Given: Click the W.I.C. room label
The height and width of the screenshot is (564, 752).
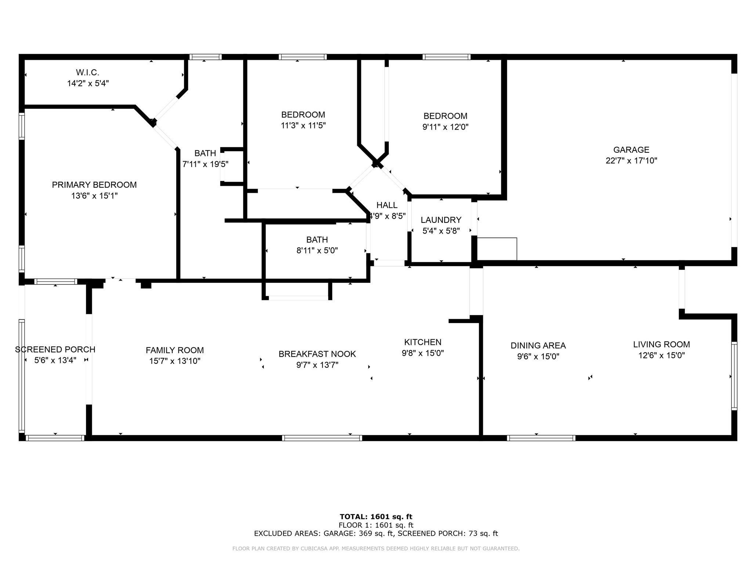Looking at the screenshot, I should click(x=87, y=72).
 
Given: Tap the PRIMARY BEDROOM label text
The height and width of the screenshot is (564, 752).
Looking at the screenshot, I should click(x=94, y=185).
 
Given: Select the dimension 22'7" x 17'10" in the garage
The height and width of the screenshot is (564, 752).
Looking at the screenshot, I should click(x=631, y=160).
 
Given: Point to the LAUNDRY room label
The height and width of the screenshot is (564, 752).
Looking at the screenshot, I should click(x=441, y=220).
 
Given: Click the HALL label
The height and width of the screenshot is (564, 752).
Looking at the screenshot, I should click(x=387, y=205).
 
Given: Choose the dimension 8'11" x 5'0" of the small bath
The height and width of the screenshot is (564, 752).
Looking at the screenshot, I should click(x=317, y=250).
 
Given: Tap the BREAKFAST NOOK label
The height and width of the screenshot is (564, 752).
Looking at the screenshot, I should click(x=317, y=354).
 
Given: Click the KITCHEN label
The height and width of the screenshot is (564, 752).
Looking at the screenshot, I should click(x=423, y=342).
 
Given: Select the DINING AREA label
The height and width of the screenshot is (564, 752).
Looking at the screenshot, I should click(x=538, y=346).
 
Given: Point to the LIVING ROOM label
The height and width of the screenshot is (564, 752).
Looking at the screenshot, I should click(x=661, y=344).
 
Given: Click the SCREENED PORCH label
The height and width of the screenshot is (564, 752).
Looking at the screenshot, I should click(x=55, y=350).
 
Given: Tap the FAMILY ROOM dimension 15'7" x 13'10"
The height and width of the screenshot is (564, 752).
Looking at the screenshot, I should click(x=175, y=361).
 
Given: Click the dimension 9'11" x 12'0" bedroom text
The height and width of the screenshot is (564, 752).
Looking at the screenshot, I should click(x=445, y=127).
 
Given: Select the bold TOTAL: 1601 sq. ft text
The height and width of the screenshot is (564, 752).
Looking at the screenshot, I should click(x=376, y=517).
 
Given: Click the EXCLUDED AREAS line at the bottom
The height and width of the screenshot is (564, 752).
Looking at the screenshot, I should click(x=376, y=534).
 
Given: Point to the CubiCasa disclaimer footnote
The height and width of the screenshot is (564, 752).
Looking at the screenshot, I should click(x=376, y=549).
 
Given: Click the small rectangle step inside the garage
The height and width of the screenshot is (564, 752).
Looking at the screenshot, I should click(x=497, y=249).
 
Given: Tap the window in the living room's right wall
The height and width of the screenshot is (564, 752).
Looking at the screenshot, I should click(x=734, y=376).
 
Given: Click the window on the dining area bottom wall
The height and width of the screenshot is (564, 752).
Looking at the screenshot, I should click(x=541, y=438).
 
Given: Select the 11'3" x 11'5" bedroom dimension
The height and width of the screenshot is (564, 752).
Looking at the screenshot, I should click(x=303, y=126).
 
